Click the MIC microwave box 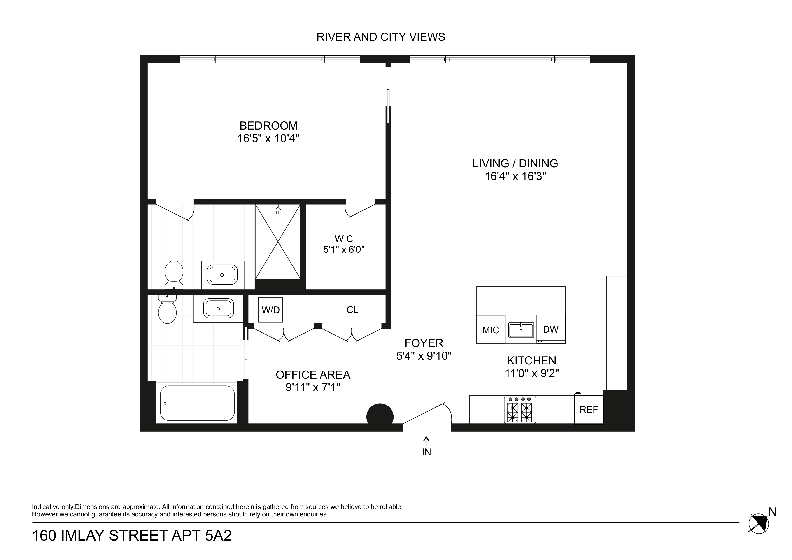click(x=491, y=330)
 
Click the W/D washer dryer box click(x=270, y=310)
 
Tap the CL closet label click(x=352, y=310)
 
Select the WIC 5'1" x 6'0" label click(x=344, y=244)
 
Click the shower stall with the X click(x=278, y=242)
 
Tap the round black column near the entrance click(x=380, y=416)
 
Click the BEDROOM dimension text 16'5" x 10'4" click(x=268, y=139)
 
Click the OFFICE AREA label click(x=313, y=375)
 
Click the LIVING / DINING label click(x=515, y=163)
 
